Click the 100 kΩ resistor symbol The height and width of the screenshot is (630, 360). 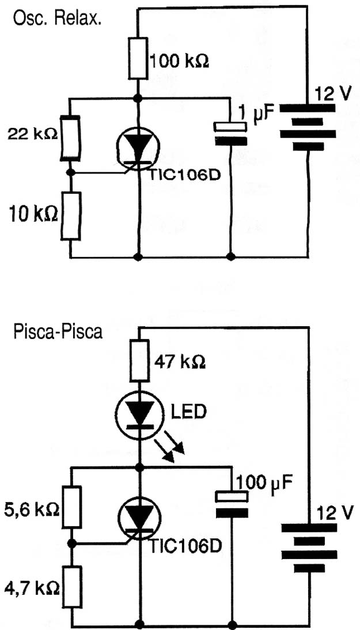click(138, 59)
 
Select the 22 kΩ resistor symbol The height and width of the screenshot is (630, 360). click(70, 138)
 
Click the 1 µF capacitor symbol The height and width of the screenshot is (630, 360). click(230, 134)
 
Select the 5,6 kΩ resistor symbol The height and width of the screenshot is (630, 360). click(72, 507)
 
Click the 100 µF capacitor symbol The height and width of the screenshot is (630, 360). click(232, 504)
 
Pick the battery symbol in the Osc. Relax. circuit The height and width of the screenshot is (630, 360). click(308, 127)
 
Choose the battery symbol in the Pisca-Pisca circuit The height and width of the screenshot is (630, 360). click(309, 548)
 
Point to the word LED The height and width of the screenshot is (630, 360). click(188, 412)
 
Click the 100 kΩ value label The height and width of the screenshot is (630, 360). click(179, 62)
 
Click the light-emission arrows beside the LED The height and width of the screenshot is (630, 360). click(170, 450)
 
